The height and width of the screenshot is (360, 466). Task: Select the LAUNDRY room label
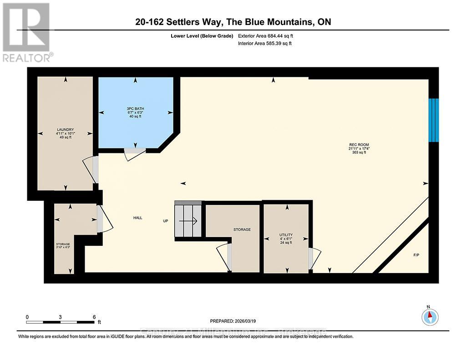66,133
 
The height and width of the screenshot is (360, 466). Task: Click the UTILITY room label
286,238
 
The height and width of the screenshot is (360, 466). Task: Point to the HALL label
137,218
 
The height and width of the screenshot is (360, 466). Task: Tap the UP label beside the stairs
166,222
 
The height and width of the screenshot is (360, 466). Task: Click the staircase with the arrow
187,221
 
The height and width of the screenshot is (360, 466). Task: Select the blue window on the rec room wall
434,120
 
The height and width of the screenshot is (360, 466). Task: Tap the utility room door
313,259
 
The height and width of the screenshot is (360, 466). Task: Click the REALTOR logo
27,32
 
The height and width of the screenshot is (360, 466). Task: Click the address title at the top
233,22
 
